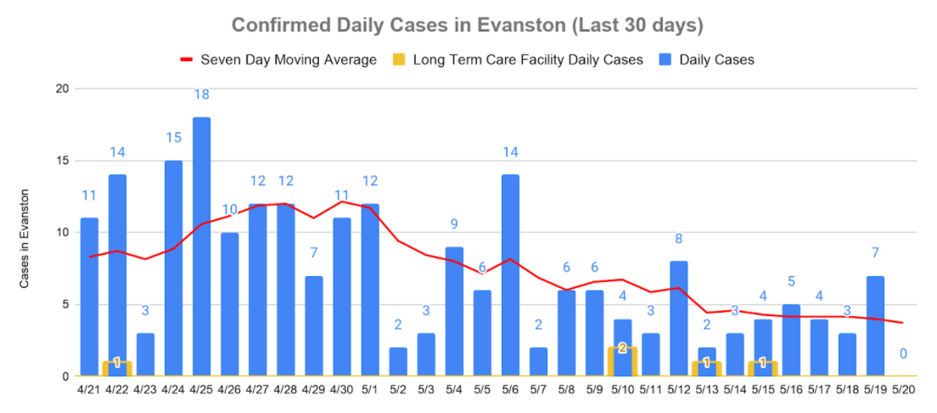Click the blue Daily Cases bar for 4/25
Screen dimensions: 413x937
(201, 246)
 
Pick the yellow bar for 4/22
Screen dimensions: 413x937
(117, 368)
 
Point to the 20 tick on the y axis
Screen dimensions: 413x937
(61, 88)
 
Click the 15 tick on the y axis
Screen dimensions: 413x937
(61, 161)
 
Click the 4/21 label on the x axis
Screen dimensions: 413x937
(89, 390)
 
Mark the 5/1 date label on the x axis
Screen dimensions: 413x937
(370, 390)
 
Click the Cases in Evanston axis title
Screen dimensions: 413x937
(25, 239)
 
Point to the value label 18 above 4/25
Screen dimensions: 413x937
(201, 94)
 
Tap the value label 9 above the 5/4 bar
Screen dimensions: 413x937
(454, 224)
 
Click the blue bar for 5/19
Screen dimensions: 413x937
(875, 325)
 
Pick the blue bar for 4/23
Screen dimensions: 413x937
(145, 354)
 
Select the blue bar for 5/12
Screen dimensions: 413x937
(678, 319)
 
